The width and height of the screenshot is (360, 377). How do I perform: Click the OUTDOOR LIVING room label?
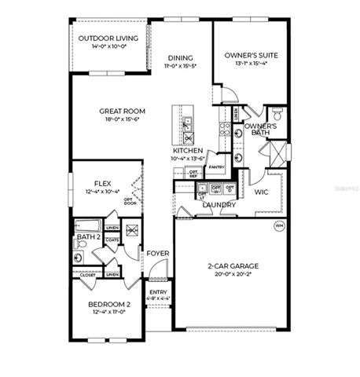(109, 38)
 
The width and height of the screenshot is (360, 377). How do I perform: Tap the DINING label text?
(181, 57)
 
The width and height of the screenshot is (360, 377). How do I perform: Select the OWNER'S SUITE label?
(251, 55)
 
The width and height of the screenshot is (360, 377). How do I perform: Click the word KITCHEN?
(188, 150)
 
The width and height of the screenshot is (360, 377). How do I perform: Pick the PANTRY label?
(217, 167)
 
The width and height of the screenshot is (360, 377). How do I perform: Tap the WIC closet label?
(262, 191)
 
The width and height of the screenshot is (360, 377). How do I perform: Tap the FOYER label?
(155, 254)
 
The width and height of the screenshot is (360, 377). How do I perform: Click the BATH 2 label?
(88, 236)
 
